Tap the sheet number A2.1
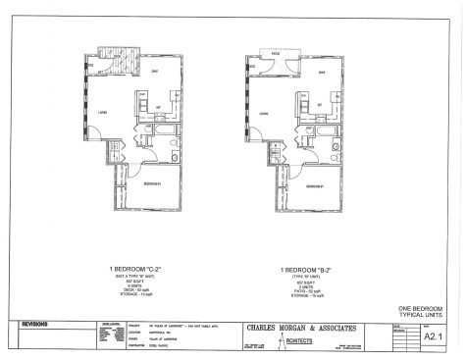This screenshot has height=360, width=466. tap(429, 335)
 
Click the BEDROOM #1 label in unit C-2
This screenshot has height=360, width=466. tap(147, 183)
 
